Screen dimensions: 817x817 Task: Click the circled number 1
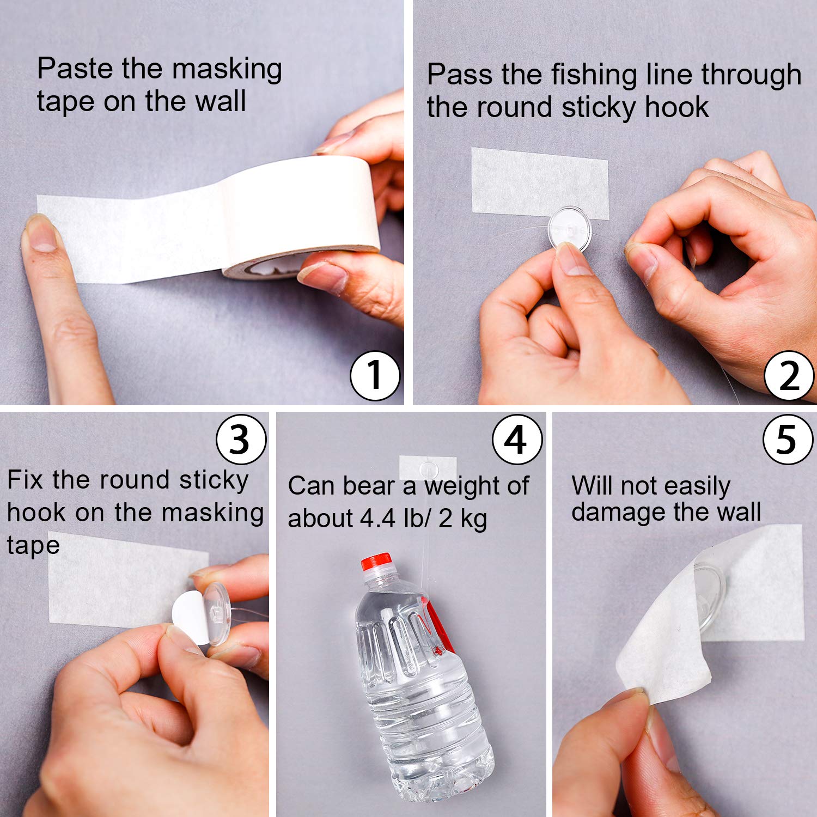pos(375,376)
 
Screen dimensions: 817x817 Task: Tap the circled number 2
pos(789,376)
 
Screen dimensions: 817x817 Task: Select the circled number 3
pos(241,439)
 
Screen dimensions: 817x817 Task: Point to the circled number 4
pos(517,439)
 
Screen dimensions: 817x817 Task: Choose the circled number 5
pos(788,439)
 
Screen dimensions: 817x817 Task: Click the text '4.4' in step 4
pos(378,518)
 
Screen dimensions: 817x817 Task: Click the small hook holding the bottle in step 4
pos(428,468)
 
